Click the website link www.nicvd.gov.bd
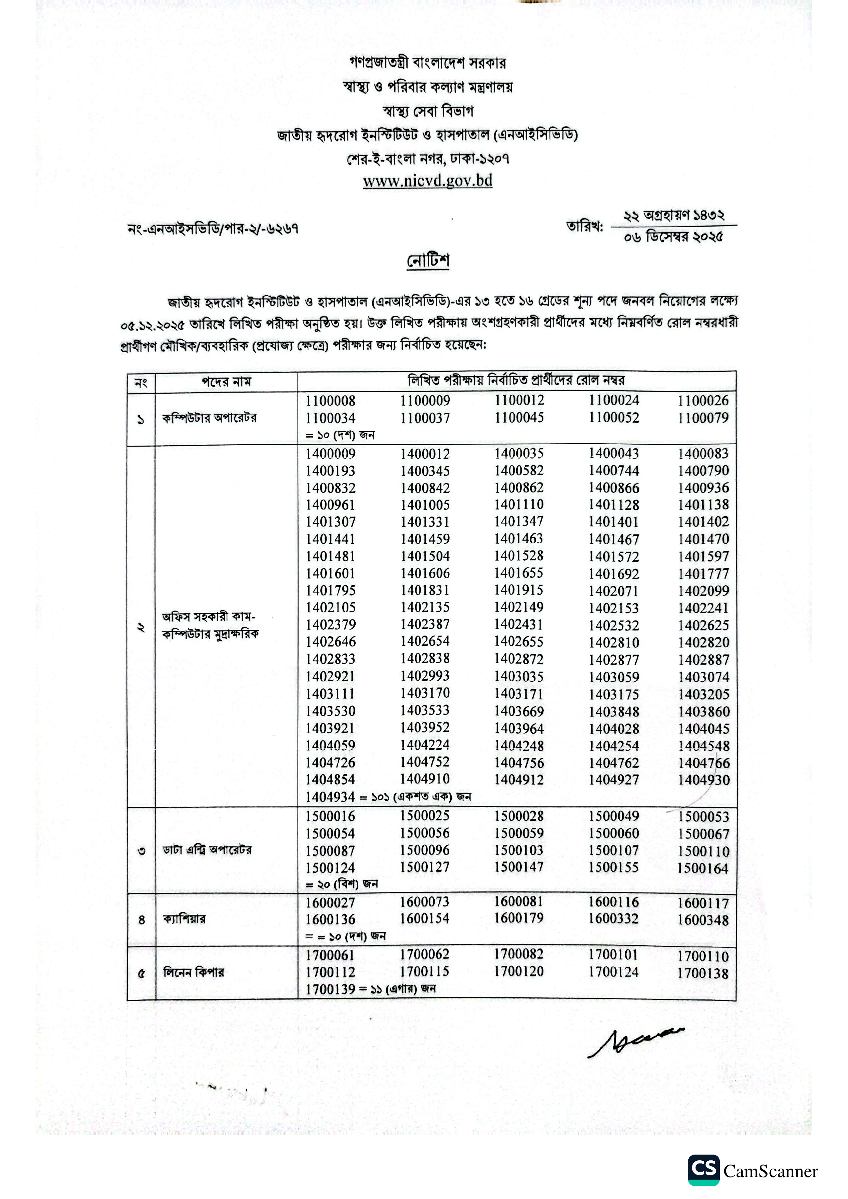427,181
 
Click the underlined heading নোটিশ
428,260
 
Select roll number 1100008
330,401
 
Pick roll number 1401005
425,505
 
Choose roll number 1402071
613,591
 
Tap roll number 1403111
330,694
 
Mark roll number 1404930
704,780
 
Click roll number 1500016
330,816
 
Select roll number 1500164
703,869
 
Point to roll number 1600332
613,918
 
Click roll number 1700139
330,989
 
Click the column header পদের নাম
226,382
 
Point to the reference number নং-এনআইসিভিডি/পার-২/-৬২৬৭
213,229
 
